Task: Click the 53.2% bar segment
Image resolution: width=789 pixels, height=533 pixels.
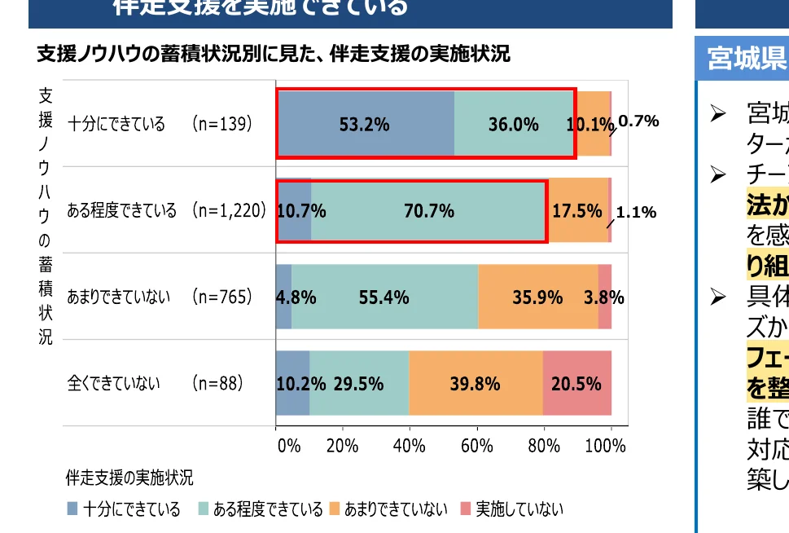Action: pyautogui.click(x=364, y=124)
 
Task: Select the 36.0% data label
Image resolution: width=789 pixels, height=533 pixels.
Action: pyautogui.click(x=513, y=125)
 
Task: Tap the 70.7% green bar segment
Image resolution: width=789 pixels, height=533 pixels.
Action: pyautogui.click(x=429, y=211)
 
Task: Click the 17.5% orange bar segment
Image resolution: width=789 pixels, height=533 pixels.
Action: pyautogui.click(x=577, y=211)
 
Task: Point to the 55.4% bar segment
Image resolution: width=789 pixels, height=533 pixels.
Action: pyautogui.click(x=384, y=297)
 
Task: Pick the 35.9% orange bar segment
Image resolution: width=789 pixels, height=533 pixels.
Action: pyautogui.click(x=537, y=297)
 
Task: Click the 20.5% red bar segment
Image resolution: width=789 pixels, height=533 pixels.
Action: pyautogui.click(x=576, y=383)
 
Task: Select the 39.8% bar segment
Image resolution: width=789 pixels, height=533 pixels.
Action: pyautogui.click(x=475, y=383)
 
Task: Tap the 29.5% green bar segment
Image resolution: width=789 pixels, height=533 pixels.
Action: pyautogui.click(x=358, y=383)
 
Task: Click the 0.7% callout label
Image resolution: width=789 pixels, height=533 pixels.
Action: pyautogui.click(x=638, y=121)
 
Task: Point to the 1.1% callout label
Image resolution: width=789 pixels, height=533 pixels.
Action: pyautogui.click(x=636, y=213)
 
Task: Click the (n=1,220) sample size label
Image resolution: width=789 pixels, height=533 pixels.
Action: pyautogui.click(x=230, y=210)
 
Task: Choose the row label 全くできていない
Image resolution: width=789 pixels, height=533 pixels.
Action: pyautogui.click(x=113, y=382)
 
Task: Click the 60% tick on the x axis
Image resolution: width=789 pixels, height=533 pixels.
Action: pyautogui.click(x=476, y=446)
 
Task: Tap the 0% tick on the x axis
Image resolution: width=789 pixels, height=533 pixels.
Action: pyautogui.click(x=288, y=446)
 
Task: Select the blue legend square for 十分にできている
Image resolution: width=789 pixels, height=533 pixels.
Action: pyautogui.click(x=72, y=510)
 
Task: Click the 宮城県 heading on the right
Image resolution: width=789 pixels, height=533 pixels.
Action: pyautogui.click(x=746, y=59)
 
